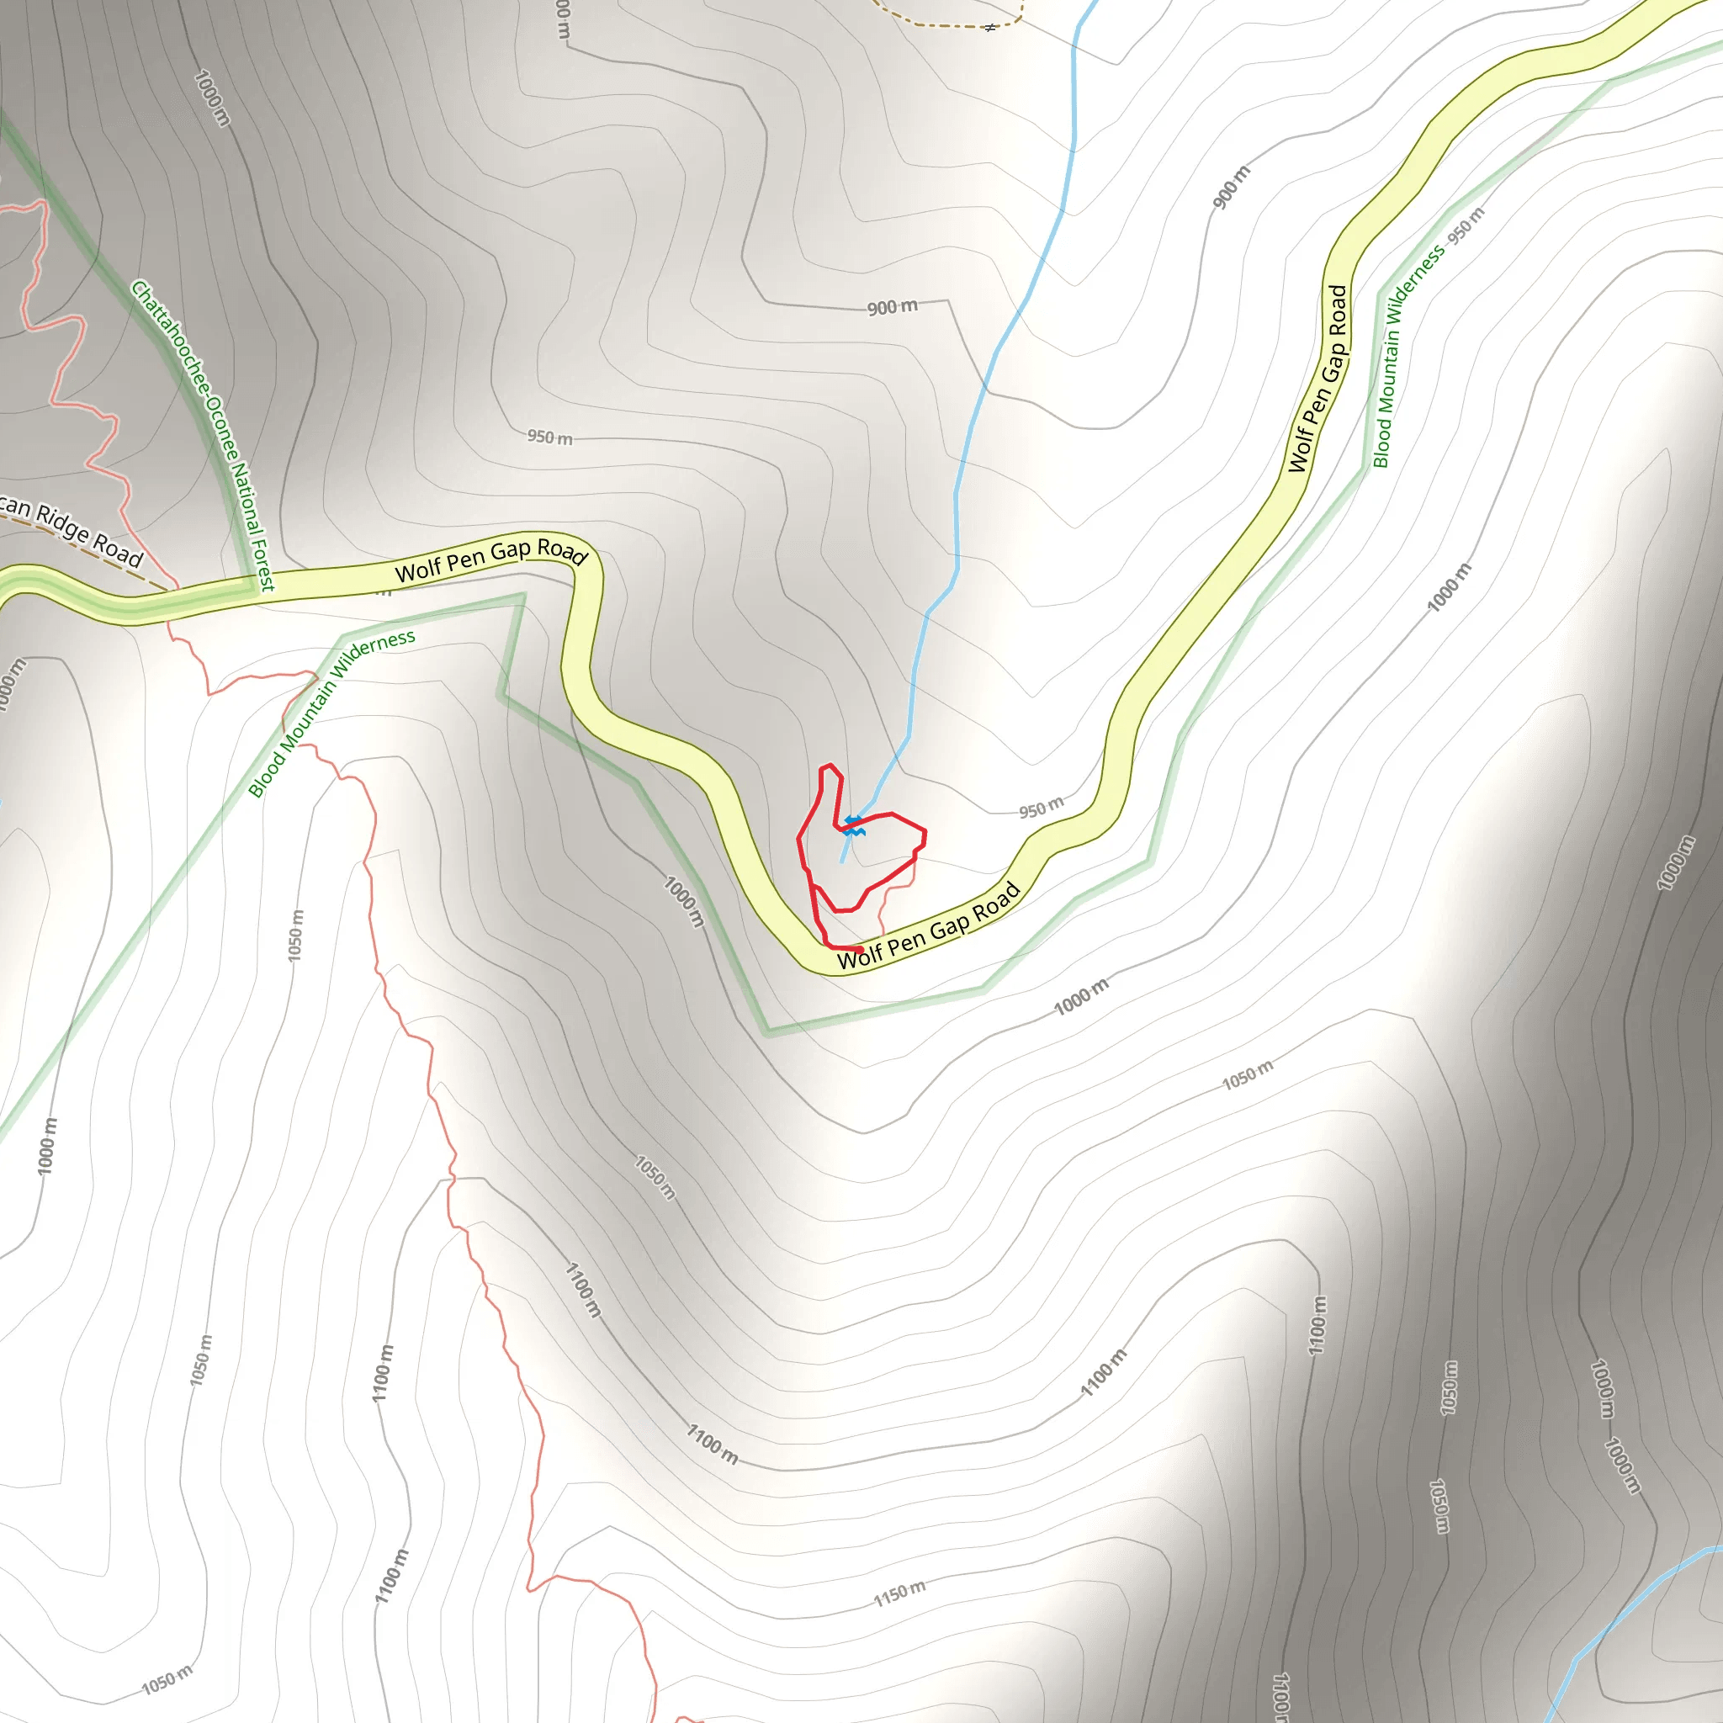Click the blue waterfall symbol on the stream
853,826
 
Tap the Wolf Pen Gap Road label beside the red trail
927,926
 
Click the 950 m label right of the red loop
1041,807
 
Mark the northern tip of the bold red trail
830,766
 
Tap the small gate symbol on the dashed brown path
990,28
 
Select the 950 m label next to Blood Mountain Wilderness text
1466,226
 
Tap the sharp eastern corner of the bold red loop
925,834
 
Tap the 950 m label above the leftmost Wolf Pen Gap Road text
549,437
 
